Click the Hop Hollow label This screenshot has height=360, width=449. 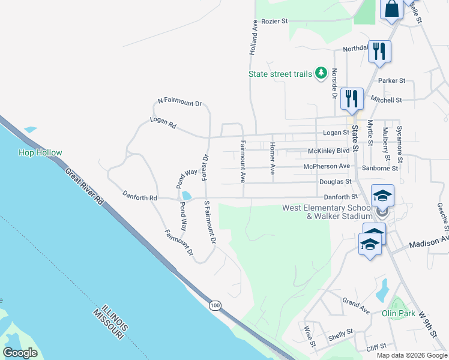tap(40, 153)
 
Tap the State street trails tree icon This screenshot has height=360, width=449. tap(321, 73)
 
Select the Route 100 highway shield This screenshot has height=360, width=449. tap(215, 306)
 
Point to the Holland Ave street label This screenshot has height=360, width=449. tap(255, 38)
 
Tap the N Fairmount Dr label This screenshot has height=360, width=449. tap(179, 102)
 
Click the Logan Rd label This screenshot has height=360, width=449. tap(163, 125)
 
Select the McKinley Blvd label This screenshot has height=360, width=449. tap(328, 151)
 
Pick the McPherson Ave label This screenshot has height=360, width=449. tap(327, 166)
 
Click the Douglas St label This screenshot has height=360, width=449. tap(336, 181)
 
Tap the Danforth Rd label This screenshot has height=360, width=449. tap(139, 196)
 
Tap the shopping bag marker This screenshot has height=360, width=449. tap(391, 10)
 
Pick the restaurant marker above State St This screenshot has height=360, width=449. tap(351, 98)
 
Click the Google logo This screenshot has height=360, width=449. tap(20, 353)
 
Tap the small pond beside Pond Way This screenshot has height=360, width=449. tap(186, 196)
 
